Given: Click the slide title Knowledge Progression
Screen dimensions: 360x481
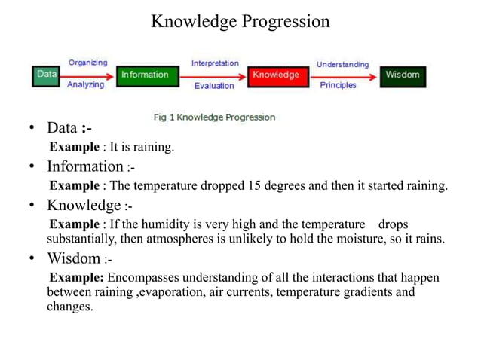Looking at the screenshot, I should (x=240, y=21).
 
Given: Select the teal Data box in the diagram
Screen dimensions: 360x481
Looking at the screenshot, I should (x=47, y=75).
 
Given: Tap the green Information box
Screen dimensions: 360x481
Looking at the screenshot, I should (x=147, y=75).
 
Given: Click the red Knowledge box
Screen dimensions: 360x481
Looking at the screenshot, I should (x=277, y=75).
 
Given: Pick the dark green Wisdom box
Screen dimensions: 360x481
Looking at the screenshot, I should (x=403, y=75).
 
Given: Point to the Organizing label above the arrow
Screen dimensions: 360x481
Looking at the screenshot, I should (x=88, y=63).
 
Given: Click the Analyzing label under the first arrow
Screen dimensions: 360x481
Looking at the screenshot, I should (x=86, y=85).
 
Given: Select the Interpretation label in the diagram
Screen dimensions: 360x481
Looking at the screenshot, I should (x=215, y=63).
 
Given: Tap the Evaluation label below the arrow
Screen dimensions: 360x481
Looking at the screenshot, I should (x=214, y=86).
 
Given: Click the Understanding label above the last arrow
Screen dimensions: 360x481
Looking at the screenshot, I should (x=342, y=64).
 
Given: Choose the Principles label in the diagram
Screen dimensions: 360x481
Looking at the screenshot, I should (x=339, y=85).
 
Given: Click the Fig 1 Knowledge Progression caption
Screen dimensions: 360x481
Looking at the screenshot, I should (x=214, y=117).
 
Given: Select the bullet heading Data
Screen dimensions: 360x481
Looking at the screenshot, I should (x=63, y=127).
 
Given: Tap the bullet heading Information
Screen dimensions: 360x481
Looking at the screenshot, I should (x=84, y=166).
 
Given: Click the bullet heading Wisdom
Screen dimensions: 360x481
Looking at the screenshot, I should (x=74, y=260).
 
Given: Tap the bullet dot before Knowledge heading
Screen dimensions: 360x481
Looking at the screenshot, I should (x=33, y=206).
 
